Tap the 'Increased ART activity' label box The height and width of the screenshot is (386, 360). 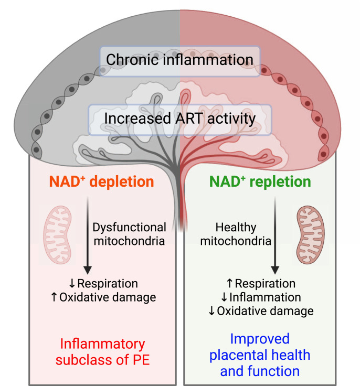tap(180, 119)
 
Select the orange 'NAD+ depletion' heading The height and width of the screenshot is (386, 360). tap(102, 182)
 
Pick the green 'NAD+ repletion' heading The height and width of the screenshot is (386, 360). tap(260, 182)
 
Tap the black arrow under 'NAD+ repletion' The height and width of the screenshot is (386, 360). tap(274, 236)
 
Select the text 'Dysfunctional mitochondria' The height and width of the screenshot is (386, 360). tap(129, 235)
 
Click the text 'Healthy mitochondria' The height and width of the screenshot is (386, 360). tap(243, 235)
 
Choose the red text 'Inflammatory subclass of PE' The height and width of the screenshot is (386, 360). tap(102, 352)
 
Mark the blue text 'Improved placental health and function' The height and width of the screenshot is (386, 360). tap(260, 355)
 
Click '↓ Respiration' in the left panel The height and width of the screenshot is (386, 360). tap(103, 284)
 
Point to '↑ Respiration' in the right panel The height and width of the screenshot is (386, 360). tap(260, 284)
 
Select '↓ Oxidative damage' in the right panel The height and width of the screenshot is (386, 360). tap(260, 311)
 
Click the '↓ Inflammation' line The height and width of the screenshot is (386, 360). tap(260, 297)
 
